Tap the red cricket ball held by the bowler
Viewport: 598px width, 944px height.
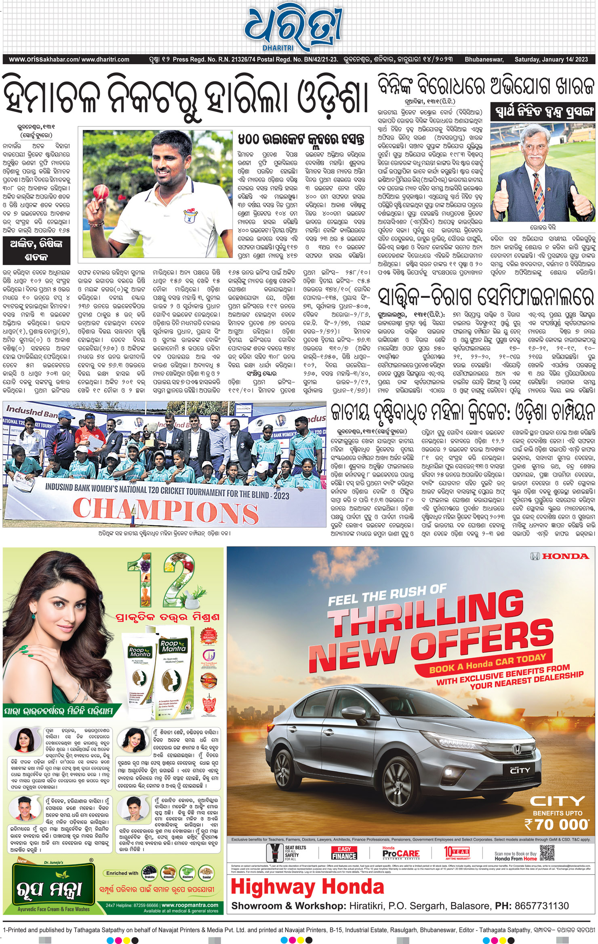click(99, 194)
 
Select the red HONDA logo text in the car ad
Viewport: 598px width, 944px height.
click(565, 557)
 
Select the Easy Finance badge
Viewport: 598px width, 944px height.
click(344, 853)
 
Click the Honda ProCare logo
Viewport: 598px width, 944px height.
click(401, 853)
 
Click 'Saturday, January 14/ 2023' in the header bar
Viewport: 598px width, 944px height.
click(551, 59)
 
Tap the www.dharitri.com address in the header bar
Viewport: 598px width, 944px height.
click(105, 59)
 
